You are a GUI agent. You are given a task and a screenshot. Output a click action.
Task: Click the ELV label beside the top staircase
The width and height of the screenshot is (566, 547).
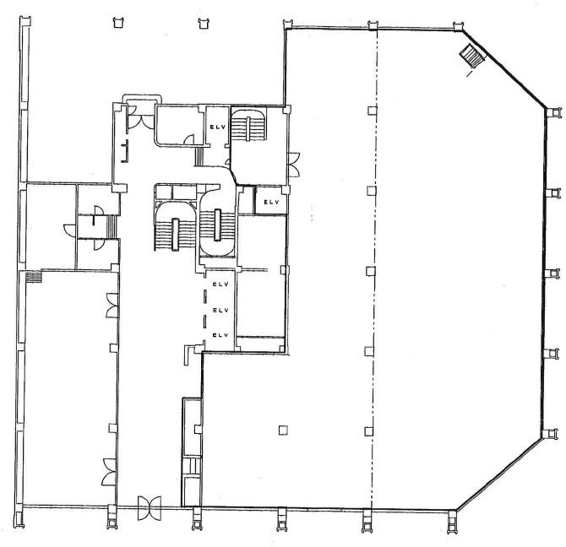point(218,127)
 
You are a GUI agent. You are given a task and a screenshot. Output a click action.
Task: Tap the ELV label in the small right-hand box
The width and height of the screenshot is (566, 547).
point(272,203)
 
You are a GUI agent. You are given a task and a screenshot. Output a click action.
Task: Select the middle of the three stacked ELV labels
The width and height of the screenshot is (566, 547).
point(221,310)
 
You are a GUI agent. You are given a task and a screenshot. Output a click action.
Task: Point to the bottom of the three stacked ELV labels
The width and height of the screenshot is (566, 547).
point(221,335)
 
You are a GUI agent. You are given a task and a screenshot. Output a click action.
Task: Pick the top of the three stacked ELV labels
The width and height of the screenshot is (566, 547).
point(221,284)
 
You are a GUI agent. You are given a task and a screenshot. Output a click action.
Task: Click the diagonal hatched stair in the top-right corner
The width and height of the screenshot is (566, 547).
point(471,56)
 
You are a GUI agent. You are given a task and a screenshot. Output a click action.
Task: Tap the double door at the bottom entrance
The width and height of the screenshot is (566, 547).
point(150,507)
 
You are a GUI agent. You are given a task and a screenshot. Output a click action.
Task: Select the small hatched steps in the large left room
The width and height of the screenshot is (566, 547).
point(34,278)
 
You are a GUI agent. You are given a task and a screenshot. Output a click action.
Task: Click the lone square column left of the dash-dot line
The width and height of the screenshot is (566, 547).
point(283,430)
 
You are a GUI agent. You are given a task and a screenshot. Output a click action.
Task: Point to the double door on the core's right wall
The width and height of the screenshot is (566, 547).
point(293,165)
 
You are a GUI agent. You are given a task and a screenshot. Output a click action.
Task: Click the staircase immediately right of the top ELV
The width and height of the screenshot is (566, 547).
point(248,126)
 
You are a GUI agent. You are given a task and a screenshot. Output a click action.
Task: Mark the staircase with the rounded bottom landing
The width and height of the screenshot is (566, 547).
point(217,230)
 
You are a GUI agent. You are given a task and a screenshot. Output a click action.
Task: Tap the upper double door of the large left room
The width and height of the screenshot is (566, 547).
point(112,306)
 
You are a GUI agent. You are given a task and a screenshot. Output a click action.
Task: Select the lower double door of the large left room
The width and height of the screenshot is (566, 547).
point(109,472)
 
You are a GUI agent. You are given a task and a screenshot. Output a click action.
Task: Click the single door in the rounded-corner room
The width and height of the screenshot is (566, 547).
point(189,140)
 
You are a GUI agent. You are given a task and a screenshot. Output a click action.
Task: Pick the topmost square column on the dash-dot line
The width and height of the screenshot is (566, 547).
point(373,111)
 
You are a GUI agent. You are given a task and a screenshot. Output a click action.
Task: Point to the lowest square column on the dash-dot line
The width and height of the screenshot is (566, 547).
point(368,431)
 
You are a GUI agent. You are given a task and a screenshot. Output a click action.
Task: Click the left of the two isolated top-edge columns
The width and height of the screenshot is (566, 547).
point(118,22)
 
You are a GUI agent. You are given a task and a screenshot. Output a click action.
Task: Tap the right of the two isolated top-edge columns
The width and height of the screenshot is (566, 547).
point(204,23)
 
